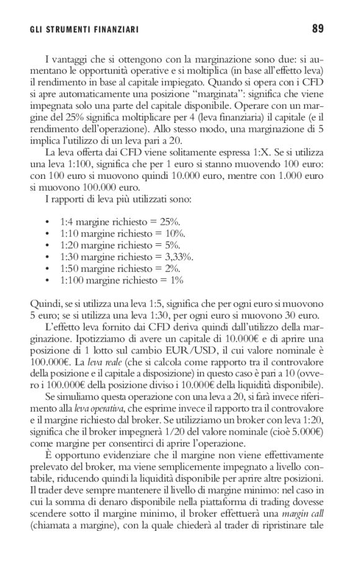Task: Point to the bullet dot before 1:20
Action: (x=48, y=245)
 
